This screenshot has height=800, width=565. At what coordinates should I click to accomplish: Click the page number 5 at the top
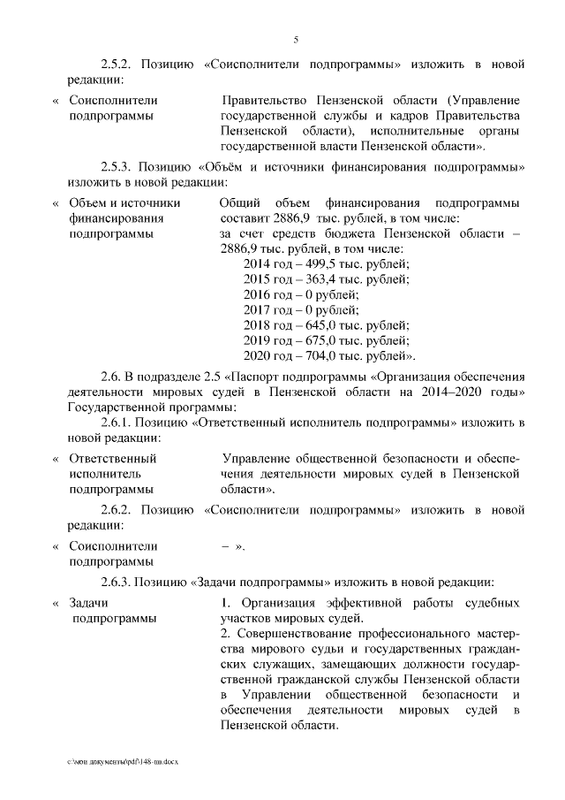point(296,39)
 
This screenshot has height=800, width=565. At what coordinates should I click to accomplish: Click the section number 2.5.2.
point(116,65)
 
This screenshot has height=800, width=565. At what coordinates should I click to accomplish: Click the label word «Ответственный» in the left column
point(112,459)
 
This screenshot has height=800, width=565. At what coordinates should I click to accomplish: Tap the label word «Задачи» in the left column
point(89,603)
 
